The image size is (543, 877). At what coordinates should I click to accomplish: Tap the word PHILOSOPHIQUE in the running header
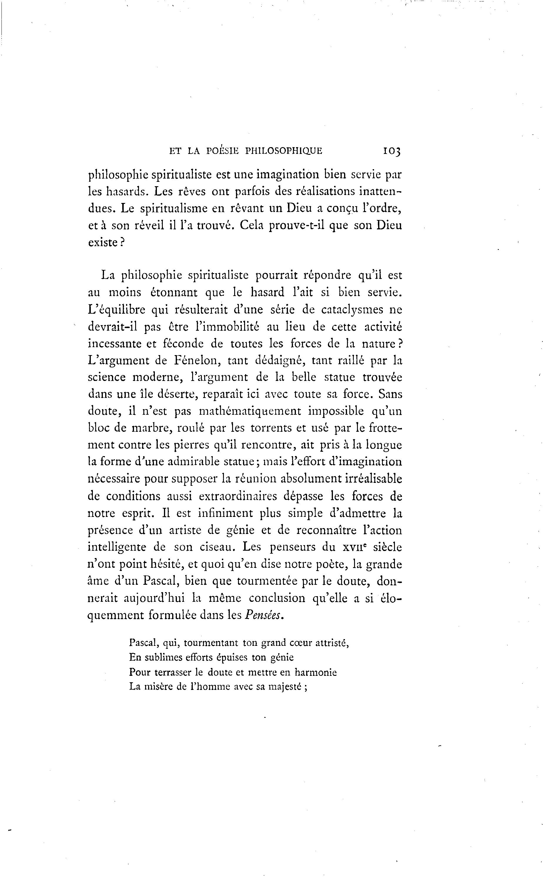[x=284, y=151]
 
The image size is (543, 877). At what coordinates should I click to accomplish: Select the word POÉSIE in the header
[x=223, y=151]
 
